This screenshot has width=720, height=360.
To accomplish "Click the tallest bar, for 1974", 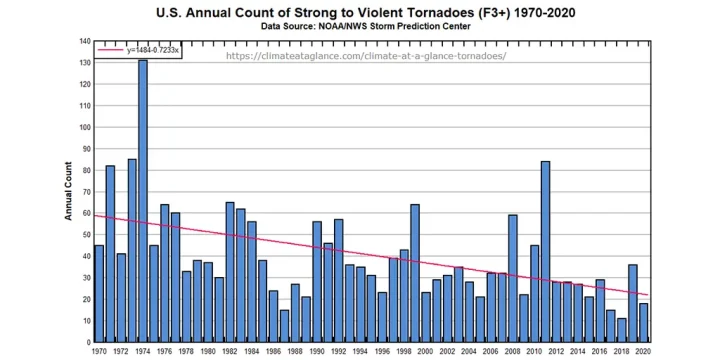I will point(142,200).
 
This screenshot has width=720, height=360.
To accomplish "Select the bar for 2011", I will point(545,251).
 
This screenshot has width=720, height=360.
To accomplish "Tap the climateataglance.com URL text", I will point(366,56).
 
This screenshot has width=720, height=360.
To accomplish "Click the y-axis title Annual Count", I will point(70,191).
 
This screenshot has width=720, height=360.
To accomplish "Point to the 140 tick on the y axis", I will point(84,42).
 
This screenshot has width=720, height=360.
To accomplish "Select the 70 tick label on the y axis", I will point(85,192).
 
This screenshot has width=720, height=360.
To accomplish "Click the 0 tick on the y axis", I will point(88,342).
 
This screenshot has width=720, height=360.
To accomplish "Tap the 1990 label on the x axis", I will point(317,352).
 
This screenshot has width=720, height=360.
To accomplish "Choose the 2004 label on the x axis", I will point(469,352).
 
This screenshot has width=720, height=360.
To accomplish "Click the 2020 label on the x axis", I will point(643,352).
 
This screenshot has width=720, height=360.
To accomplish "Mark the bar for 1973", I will point(132,250).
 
